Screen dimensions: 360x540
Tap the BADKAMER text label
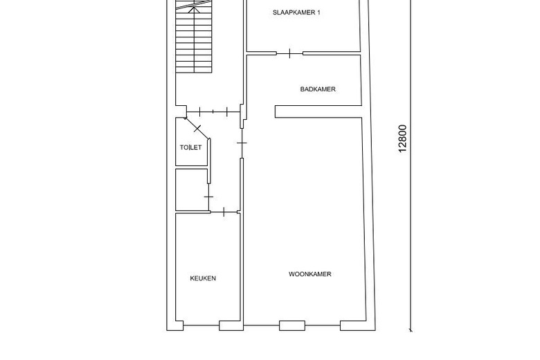pyautogui.click(x=318, y=89)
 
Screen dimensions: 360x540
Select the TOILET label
pyautogui.click(x=190, y=147)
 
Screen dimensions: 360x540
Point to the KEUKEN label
pyautogui.click(x=203, y=278)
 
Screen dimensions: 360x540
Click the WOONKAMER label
pyautogui.click(x=309, y=274)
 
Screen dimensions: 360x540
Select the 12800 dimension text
pyautogui.click(x=403, y=138)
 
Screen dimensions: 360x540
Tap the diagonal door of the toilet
pyautogui.click(x=198, y=129)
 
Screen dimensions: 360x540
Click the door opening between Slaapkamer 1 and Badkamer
pyautogui.click(x=289, y=53)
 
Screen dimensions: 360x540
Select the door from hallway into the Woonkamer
pyautogui.click(x=241, y=143)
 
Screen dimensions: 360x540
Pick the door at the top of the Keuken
pyautogui.click(x=224, y=212)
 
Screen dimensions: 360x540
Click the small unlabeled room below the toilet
pyautogui.click(x=191, y=189)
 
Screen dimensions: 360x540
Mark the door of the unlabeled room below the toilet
pyautogui.click(x=208, y=197)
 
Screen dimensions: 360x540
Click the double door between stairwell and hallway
pyautogui.click(x=213, y=111)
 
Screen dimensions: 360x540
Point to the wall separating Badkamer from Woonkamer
pyautogui.click(x=318, y=111)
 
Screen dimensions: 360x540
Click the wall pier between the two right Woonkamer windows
pyautogui.click(x=322, y=325)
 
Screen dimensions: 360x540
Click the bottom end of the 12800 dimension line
pyautogui.click(x=411, y=330)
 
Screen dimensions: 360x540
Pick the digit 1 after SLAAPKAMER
pyautogui.click(x=318, y=13)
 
